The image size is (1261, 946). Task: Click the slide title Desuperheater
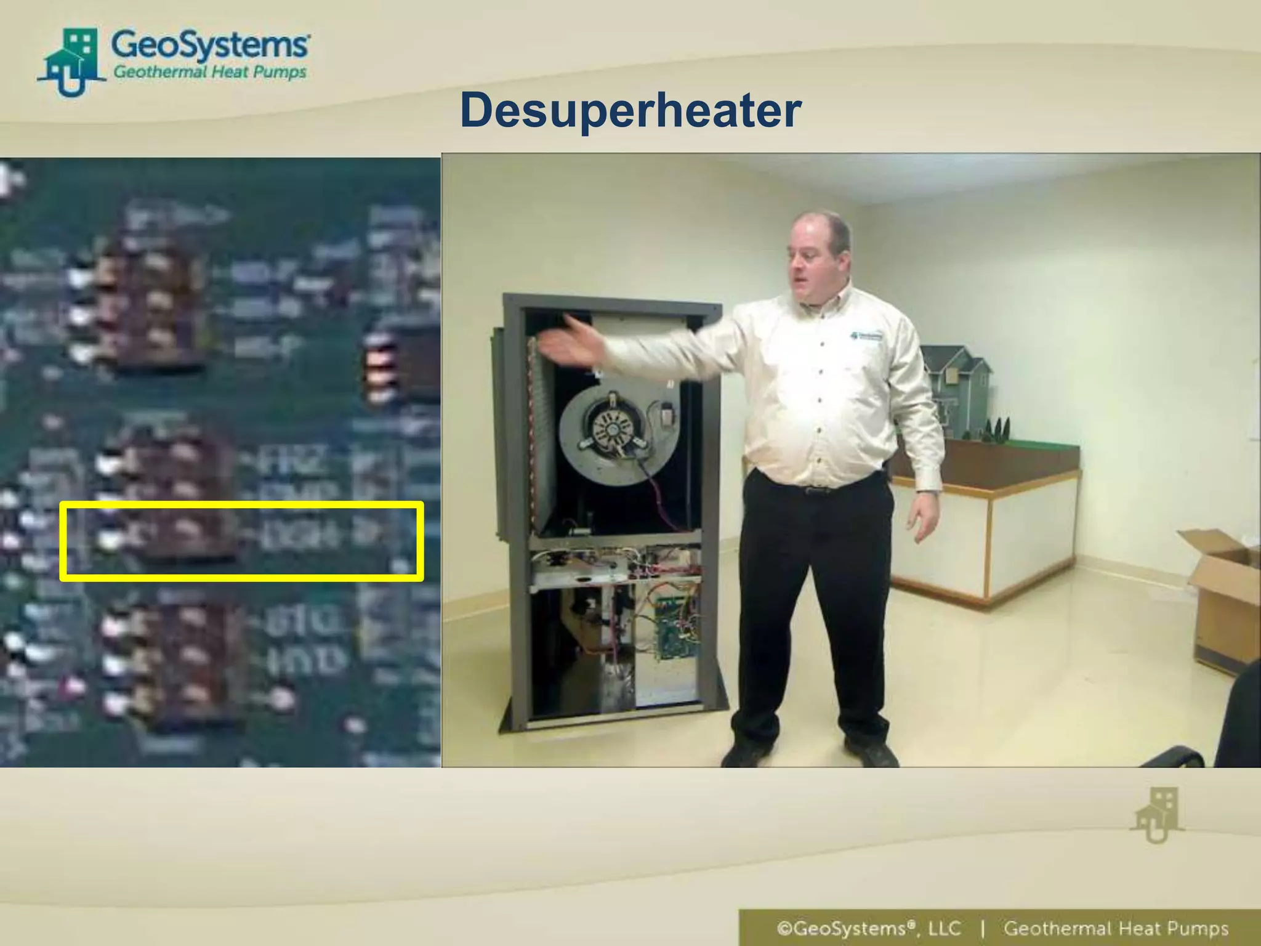coord(630,111)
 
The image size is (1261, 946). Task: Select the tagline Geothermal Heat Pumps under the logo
coord(209,73)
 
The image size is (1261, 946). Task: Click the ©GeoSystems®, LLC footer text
coord(869,928)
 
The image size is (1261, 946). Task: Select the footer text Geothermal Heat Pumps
coord(1115,928)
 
